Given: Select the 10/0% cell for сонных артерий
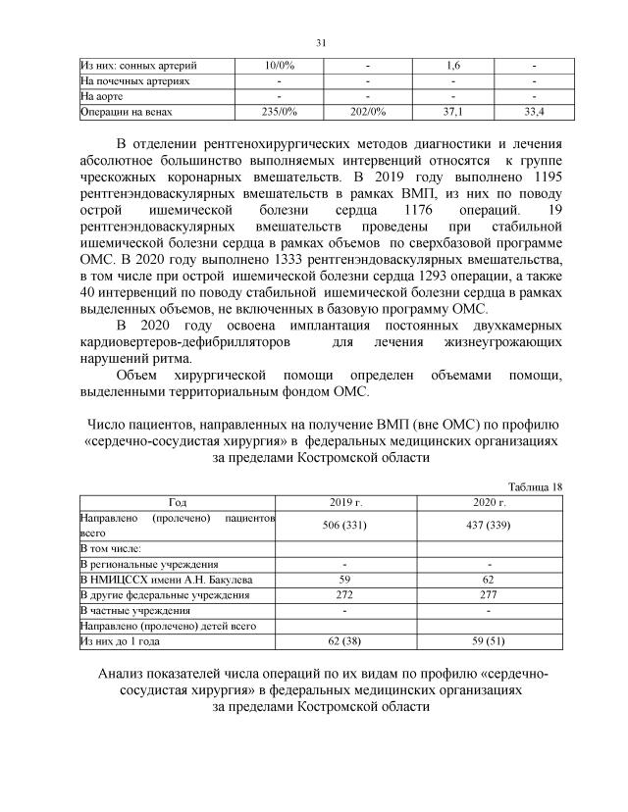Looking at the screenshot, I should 281,66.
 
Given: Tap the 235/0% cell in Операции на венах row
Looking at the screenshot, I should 281,113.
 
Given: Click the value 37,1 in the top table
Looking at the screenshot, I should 453,113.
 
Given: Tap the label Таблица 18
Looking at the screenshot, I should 535,485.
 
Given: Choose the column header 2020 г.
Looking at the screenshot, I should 488,501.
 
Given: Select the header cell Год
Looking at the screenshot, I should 178,501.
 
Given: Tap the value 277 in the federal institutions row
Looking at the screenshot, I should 488,595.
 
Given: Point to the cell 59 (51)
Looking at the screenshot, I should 488,642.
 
